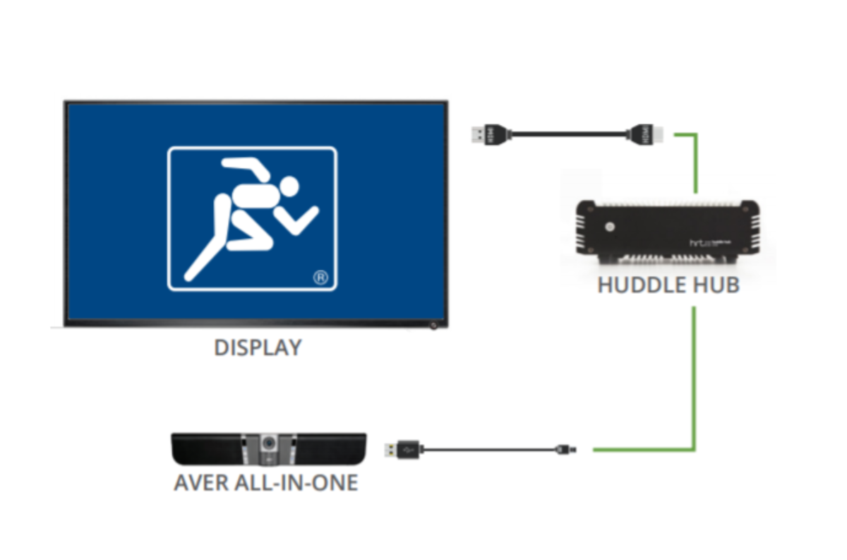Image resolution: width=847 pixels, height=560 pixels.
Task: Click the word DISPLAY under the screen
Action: [258, 347]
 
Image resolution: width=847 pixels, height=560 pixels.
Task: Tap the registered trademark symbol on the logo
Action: [320, 278]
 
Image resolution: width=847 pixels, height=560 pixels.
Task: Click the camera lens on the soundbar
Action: [269, 443]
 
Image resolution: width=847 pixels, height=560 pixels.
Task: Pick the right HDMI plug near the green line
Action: [644, 133]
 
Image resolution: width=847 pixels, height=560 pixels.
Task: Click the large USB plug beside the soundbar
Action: [403, 448]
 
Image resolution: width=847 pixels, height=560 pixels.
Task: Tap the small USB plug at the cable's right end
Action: [565, 448]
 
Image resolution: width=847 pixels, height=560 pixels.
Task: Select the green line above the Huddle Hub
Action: [695, 162]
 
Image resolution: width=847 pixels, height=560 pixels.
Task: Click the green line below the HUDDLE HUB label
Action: [695, 374]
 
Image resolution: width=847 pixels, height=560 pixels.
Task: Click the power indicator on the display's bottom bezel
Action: [432, 325]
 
